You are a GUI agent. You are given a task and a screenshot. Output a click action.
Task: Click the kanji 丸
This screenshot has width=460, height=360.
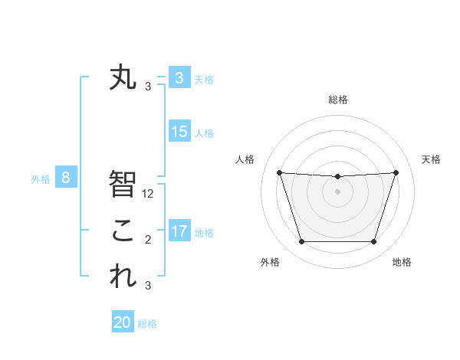coord(123,78)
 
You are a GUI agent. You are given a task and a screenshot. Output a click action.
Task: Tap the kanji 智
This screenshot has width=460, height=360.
coord(123,184)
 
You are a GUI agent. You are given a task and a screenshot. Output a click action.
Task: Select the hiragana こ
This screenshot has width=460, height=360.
coord(123,231)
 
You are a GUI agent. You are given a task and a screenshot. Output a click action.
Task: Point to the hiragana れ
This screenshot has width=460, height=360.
coord(123,277)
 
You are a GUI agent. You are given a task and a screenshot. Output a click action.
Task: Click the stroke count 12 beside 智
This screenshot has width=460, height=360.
coord(149,194)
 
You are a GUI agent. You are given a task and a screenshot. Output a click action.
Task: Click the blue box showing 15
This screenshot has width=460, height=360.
coord(179,132)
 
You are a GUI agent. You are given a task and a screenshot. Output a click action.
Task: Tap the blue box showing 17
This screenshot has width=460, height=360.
coord(179,231)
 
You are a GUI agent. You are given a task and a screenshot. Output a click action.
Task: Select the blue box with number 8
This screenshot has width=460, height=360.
coord(66,178)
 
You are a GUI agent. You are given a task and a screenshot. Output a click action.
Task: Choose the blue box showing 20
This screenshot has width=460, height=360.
coord(123,322)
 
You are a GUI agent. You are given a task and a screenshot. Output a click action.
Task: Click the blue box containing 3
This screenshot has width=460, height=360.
coord(179,78)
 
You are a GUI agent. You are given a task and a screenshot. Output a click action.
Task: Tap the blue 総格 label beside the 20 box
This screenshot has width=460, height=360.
coord(147,324)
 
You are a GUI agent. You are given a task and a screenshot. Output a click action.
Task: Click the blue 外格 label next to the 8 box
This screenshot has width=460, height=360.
coord(41,179)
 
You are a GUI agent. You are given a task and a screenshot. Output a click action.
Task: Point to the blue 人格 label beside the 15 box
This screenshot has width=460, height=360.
coord(204,133)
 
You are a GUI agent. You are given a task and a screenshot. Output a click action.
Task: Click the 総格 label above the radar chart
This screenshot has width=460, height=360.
coord(337,100)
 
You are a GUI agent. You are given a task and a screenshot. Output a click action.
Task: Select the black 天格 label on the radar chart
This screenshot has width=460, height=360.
coord(432,159)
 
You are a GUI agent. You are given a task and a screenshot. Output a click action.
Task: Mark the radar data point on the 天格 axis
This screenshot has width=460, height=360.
coord(396,172)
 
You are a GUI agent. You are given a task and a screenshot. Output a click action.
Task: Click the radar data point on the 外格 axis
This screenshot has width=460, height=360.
coord(301,242)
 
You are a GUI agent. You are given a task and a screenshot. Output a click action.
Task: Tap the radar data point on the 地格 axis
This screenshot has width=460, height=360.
coord(373,242)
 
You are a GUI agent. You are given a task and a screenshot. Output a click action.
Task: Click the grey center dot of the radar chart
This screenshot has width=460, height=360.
coord(337,191)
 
